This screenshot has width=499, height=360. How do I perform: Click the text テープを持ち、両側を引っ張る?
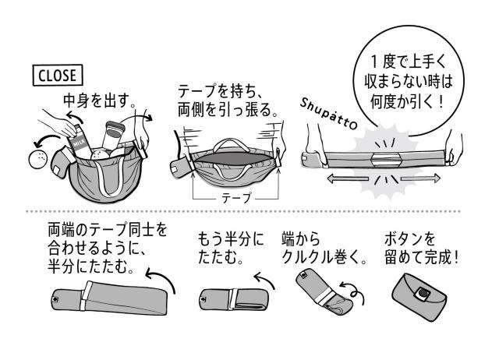[226, 101]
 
